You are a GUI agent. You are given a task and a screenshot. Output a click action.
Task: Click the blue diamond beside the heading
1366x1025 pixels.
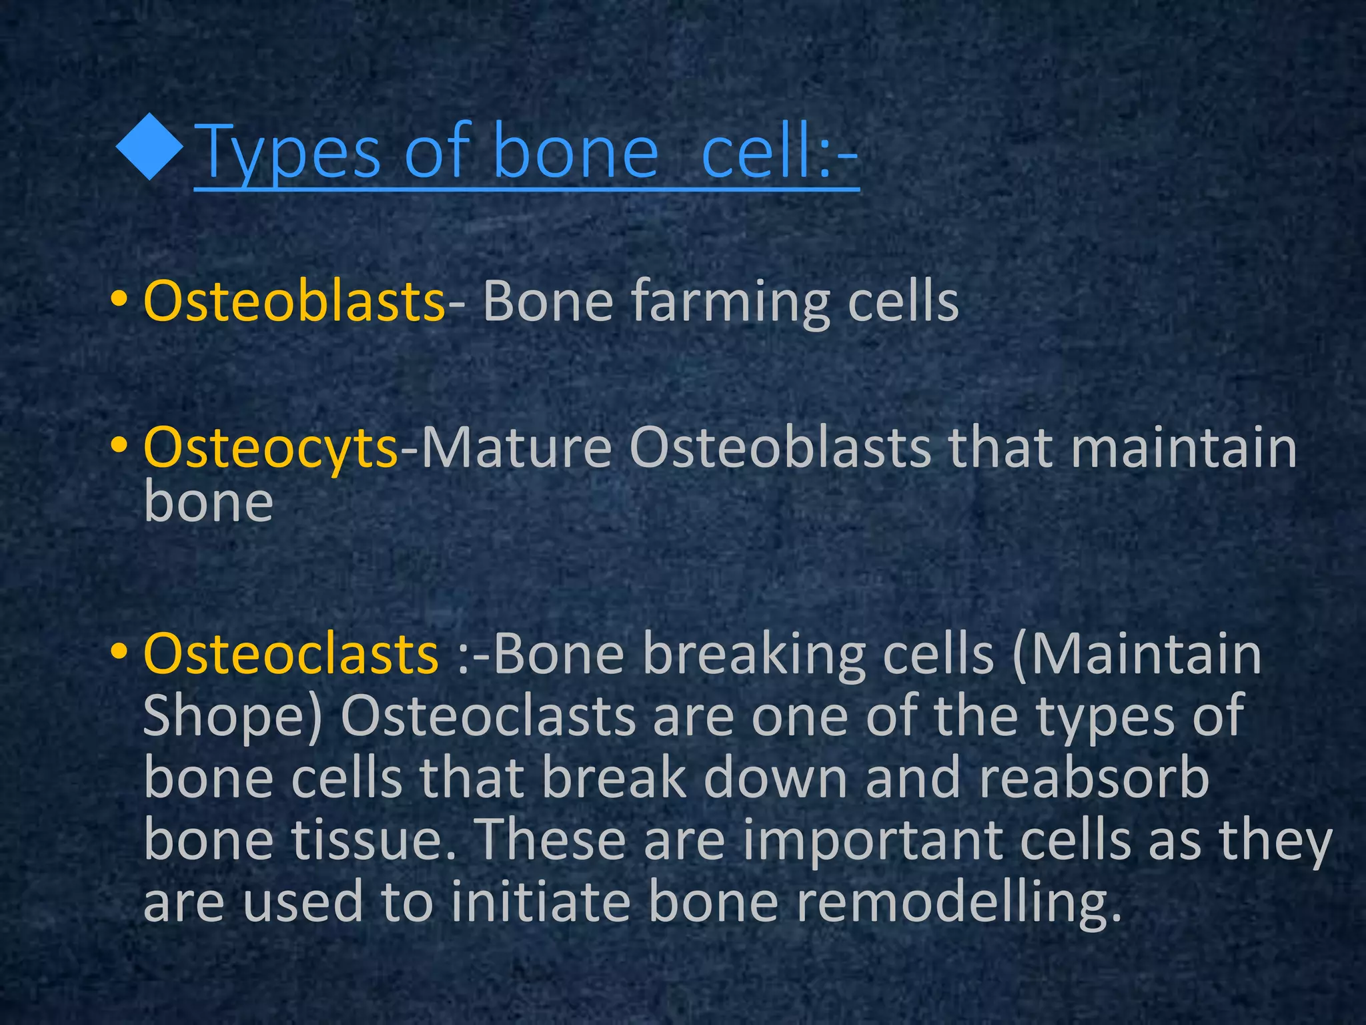click(149, 147)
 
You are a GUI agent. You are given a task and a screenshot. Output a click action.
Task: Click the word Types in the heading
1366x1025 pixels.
click(289, 153)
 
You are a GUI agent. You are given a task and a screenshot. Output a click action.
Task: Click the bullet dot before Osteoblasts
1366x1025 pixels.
click(119, 299)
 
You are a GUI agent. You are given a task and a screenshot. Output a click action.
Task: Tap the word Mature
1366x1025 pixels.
click(517, 447)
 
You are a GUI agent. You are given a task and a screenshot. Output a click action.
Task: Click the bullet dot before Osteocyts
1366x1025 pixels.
click(119, 445)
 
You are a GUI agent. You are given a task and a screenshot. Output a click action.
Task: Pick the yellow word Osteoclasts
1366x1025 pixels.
click(291, 653)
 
